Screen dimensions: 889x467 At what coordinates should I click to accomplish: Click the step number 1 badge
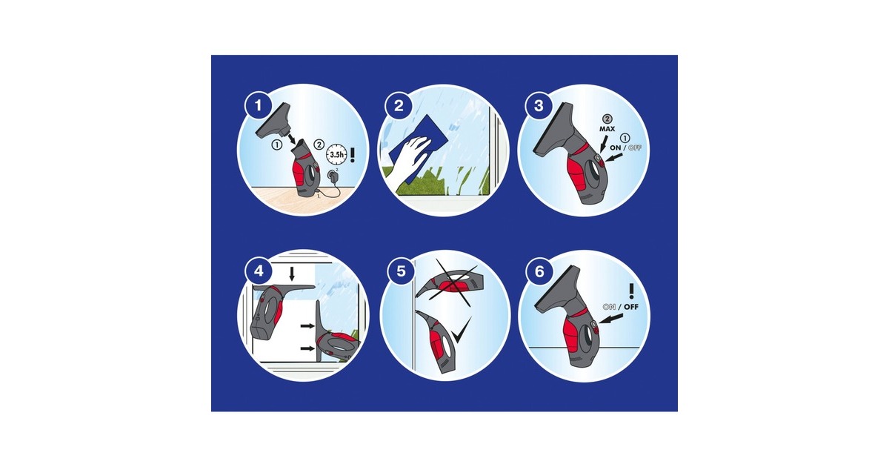pos(259,105)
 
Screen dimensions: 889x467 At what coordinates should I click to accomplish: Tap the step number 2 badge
pos(399,105)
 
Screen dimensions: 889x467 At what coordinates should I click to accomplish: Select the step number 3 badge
pos(539,105)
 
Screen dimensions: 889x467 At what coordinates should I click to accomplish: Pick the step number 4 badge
pos(259,271)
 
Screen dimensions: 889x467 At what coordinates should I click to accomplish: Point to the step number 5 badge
pos(401,271)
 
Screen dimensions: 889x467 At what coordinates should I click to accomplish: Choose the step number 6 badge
pos(539,271)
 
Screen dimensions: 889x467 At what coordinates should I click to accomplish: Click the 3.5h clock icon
pos(336,154)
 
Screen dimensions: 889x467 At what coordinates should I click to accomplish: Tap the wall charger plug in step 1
pos(332,176)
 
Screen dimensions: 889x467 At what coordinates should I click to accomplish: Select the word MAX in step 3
pos(607,129)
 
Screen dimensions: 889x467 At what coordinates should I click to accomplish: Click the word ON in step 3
pos(616,148)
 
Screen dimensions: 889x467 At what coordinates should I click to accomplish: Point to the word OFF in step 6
pos(631,307)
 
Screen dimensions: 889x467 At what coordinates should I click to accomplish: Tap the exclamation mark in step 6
pos(631,291)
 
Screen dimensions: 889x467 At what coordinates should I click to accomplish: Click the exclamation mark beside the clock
pos(352,154)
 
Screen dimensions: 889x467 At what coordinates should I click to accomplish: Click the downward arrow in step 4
pos(292,274)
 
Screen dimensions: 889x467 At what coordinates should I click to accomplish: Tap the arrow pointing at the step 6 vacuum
pos(611,319)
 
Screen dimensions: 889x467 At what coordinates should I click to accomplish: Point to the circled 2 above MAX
pos(607,119)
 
